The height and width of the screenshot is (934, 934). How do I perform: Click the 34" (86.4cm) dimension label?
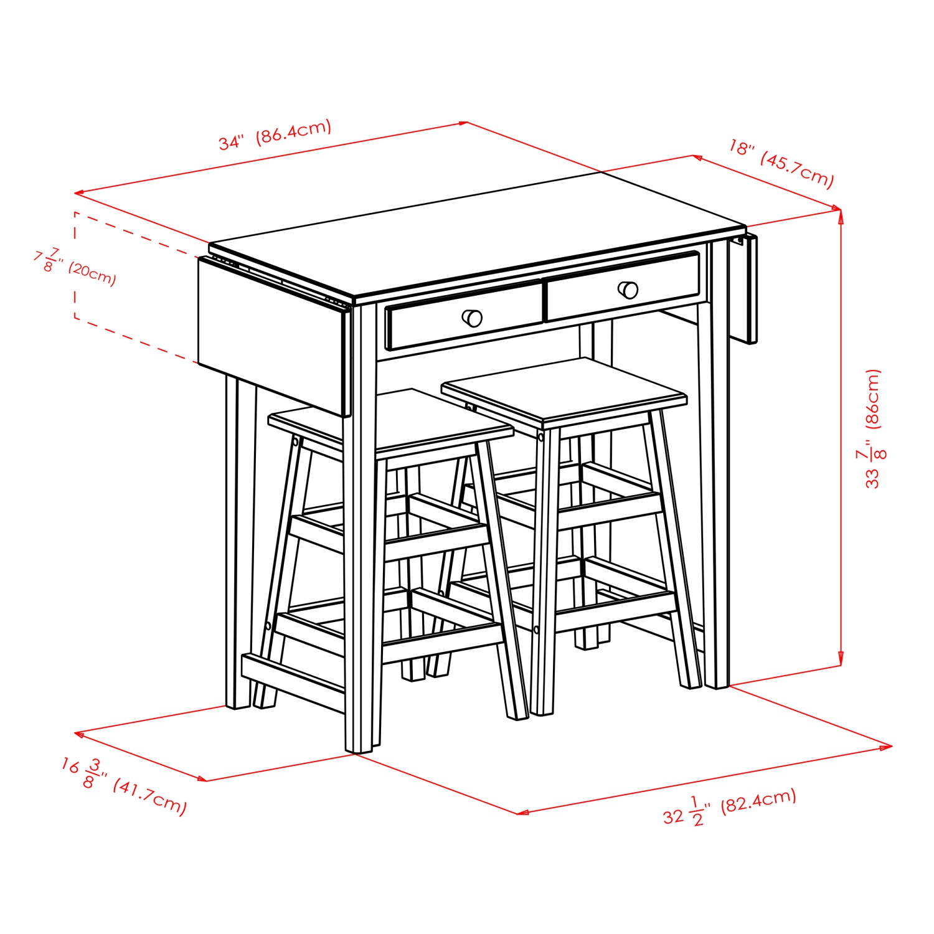[275, 135]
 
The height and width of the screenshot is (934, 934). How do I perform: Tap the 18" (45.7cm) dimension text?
[781, 163]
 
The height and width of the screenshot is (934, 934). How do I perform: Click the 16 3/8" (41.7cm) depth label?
[123, 785]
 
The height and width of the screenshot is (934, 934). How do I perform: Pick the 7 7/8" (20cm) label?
[75, 264]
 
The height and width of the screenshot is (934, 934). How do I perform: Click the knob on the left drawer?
[473, 318]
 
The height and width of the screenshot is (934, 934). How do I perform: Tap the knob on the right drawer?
[628, 290]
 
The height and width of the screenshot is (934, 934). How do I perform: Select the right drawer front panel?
[623, 286]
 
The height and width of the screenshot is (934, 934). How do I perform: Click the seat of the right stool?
[564, 389]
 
